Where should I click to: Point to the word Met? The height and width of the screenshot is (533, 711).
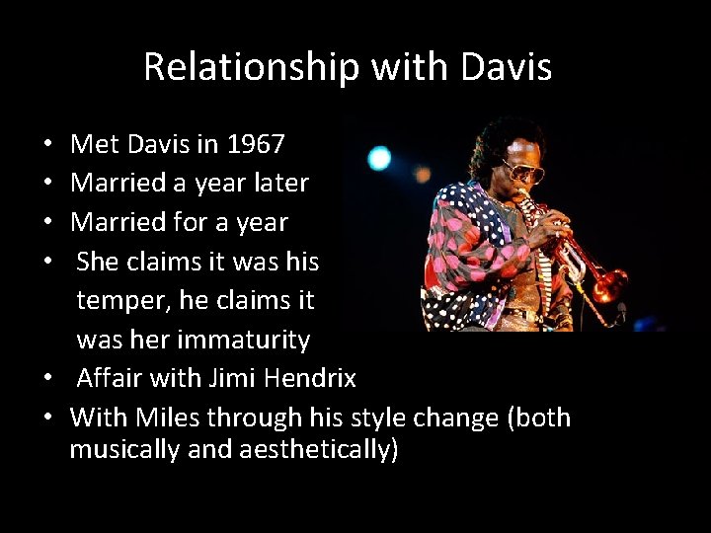[x=95, y=145]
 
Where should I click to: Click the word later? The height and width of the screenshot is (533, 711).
[x=281, y=184]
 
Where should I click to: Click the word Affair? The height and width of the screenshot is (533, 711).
[x=107, y=378]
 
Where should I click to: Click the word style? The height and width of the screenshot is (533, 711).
[x=376, y=418]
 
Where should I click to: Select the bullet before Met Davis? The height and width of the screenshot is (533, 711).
[x=49, y=146]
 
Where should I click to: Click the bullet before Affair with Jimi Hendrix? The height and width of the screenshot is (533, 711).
[x=49, y=379]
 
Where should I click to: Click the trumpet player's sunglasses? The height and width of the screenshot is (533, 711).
[x=523, y=170]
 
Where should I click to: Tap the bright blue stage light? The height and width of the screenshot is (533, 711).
[x=379, y=158]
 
